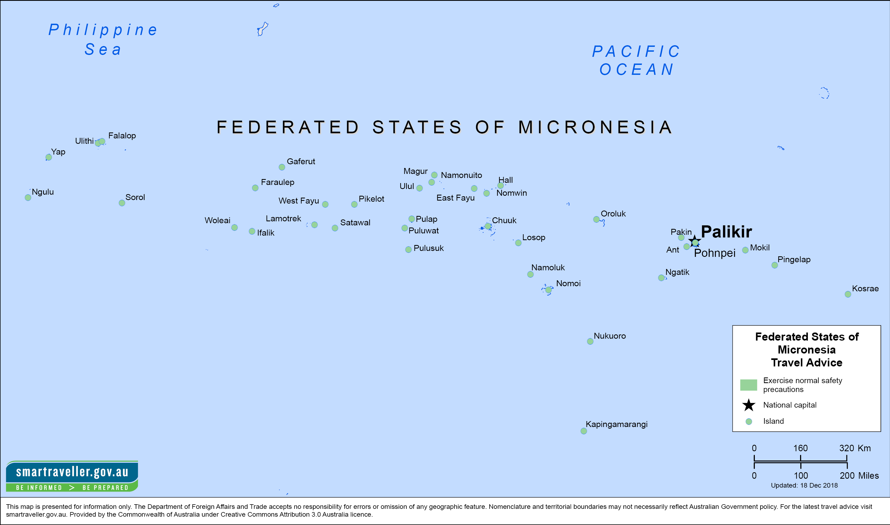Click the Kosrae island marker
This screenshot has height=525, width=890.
848,294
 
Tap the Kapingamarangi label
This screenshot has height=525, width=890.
617,424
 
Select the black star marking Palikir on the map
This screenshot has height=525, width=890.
694,241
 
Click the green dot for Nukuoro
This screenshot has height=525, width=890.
590,341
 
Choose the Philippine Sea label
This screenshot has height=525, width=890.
103,39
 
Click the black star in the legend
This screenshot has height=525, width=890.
749,405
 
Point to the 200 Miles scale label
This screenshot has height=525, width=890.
859,475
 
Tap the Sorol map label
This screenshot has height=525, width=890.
135,197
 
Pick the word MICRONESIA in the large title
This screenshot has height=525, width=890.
595,127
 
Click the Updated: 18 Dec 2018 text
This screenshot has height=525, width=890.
804,485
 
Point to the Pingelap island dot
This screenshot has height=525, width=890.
775,265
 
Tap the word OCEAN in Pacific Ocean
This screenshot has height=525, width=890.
636,69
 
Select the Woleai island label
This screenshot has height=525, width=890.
217,220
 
